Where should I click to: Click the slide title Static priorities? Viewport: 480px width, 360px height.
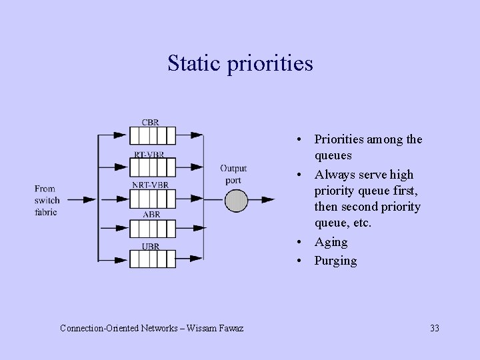tap(240, 63)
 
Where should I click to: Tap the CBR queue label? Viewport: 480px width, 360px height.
tap(151, 122)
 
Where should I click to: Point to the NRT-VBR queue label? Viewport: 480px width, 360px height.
tap(151, 184)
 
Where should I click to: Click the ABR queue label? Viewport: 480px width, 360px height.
tap(151, 215)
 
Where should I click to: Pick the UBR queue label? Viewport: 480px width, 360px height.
tap(151, 245)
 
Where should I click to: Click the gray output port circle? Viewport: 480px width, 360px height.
tap(235, 200)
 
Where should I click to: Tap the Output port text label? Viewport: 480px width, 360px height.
tap(233, 175)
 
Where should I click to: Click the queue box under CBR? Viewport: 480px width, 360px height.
tap(152, 135)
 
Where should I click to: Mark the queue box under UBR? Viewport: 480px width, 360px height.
tap(152, 259)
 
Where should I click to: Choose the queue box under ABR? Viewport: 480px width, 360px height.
tap(152, 228)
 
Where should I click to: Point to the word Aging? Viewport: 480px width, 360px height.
tap(331, 242)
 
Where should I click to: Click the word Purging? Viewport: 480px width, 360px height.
tap(336, 261)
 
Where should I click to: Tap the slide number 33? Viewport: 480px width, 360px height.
tap(435, 328)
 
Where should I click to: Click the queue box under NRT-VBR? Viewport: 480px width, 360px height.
tap(152, 197)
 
